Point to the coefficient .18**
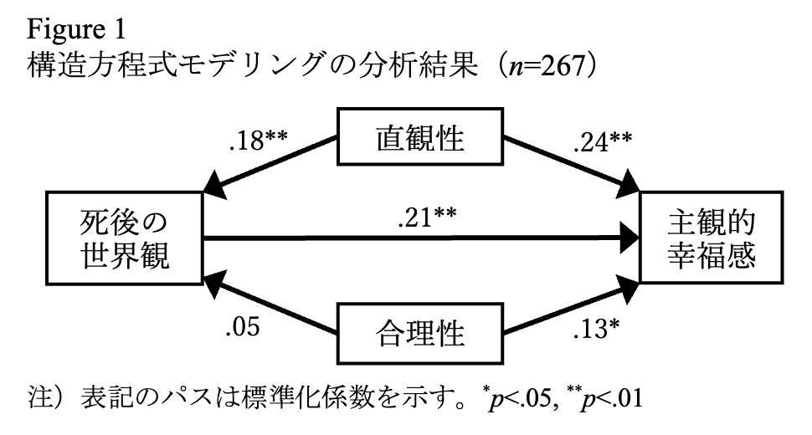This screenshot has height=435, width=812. click(258, 141)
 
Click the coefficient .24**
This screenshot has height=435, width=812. click(602, 142)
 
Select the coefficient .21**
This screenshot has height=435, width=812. click(427, 217)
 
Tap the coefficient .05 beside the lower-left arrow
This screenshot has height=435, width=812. click(243, 327)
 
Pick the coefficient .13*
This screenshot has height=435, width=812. click(596, 329)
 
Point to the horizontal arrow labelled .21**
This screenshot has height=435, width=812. click(421, 238)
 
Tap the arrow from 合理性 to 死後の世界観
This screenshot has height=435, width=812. click(270, 305)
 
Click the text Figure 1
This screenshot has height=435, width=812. click(76, 29)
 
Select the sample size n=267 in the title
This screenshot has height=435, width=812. click(547, 66)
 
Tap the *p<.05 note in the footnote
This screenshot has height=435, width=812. click(519, 399)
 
